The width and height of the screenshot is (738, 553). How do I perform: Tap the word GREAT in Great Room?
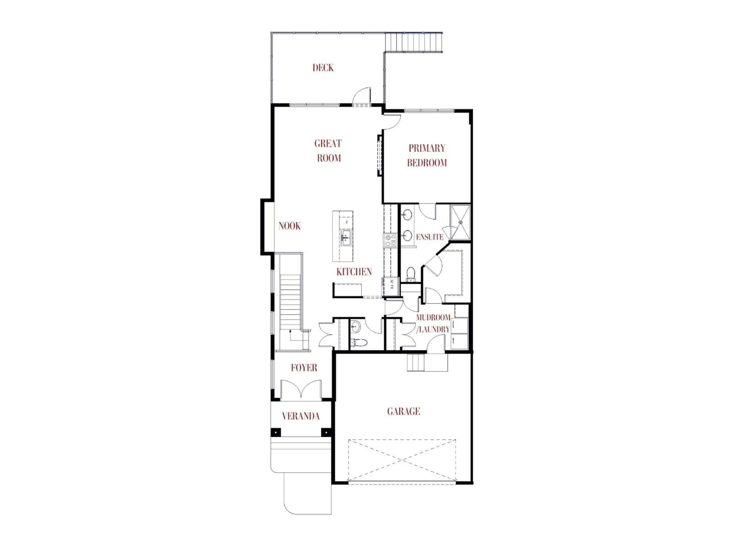[x=328, y=144]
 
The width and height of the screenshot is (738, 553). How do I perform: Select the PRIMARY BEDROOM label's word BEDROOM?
[x=427, y=163]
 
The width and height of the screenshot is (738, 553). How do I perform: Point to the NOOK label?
[x=289, y=226]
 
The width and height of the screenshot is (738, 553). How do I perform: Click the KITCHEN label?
[x=354, y=272]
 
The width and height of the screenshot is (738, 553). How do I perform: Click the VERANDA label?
[x=301, y=416]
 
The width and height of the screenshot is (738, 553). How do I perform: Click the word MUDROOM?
[x=433, y=317]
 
